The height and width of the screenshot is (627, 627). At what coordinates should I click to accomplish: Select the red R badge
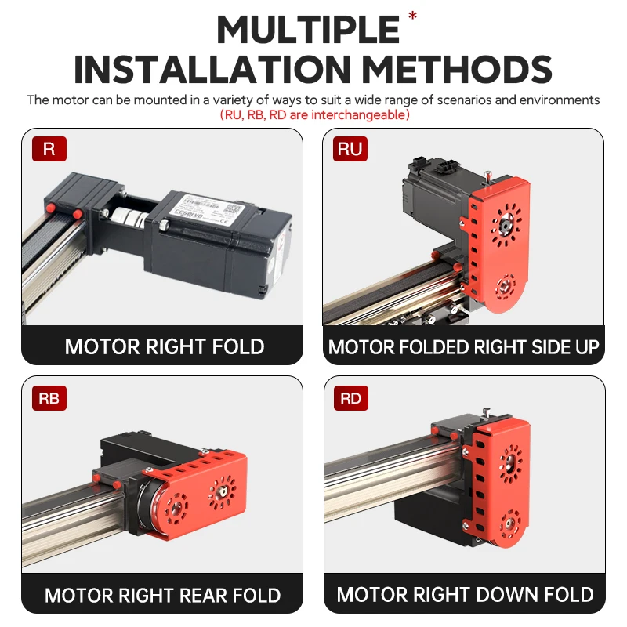[49, 149]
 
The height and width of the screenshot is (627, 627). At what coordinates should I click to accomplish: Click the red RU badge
[350, 149]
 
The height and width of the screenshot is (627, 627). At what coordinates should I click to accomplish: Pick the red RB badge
[49, 398]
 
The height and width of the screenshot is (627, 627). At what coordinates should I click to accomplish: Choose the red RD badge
[350, 398]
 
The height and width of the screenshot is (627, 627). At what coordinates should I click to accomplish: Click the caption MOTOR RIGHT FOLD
[164, 346]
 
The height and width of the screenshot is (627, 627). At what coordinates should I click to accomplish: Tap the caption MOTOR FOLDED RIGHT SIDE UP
[463, 346]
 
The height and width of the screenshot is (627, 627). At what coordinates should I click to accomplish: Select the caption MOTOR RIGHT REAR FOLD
[162, 595]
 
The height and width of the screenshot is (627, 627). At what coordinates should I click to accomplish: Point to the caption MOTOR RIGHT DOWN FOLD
[465, 595]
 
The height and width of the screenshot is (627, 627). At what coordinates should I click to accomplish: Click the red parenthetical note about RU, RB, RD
[315, 115]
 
